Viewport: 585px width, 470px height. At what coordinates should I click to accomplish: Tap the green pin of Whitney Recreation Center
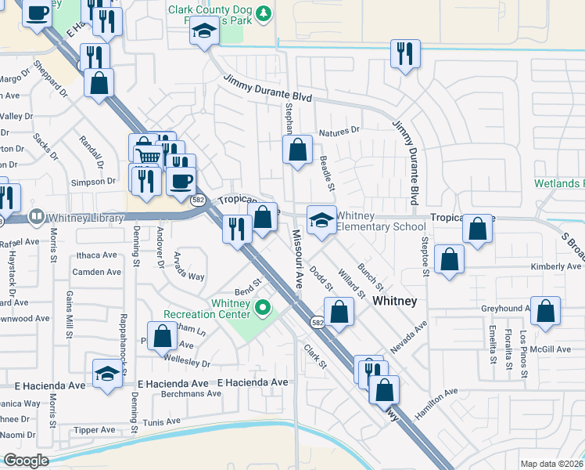264,306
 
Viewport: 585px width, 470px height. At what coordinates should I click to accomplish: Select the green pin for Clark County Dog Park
264,13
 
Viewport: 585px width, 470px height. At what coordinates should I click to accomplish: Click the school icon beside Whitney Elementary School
321,220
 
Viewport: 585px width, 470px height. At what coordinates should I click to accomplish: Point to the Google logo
26,461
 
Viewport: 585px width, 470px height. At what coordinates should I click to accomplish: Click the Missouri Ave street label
298,258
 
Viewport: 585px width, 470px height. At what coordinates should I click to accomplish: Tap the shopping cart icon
147,157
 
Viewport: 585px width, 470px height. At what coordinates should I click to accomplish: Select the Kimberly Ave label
557,266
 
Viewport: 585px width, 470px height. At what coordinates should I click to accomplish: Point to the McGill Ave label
554,349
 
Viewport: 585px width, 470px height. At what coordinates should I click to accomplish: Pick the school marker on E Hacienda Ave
107,374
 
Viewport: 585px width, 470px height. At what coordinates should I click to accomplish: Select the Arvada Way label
189,266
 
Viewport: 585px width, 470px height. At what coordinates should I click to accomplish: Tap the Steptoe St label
425,258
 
